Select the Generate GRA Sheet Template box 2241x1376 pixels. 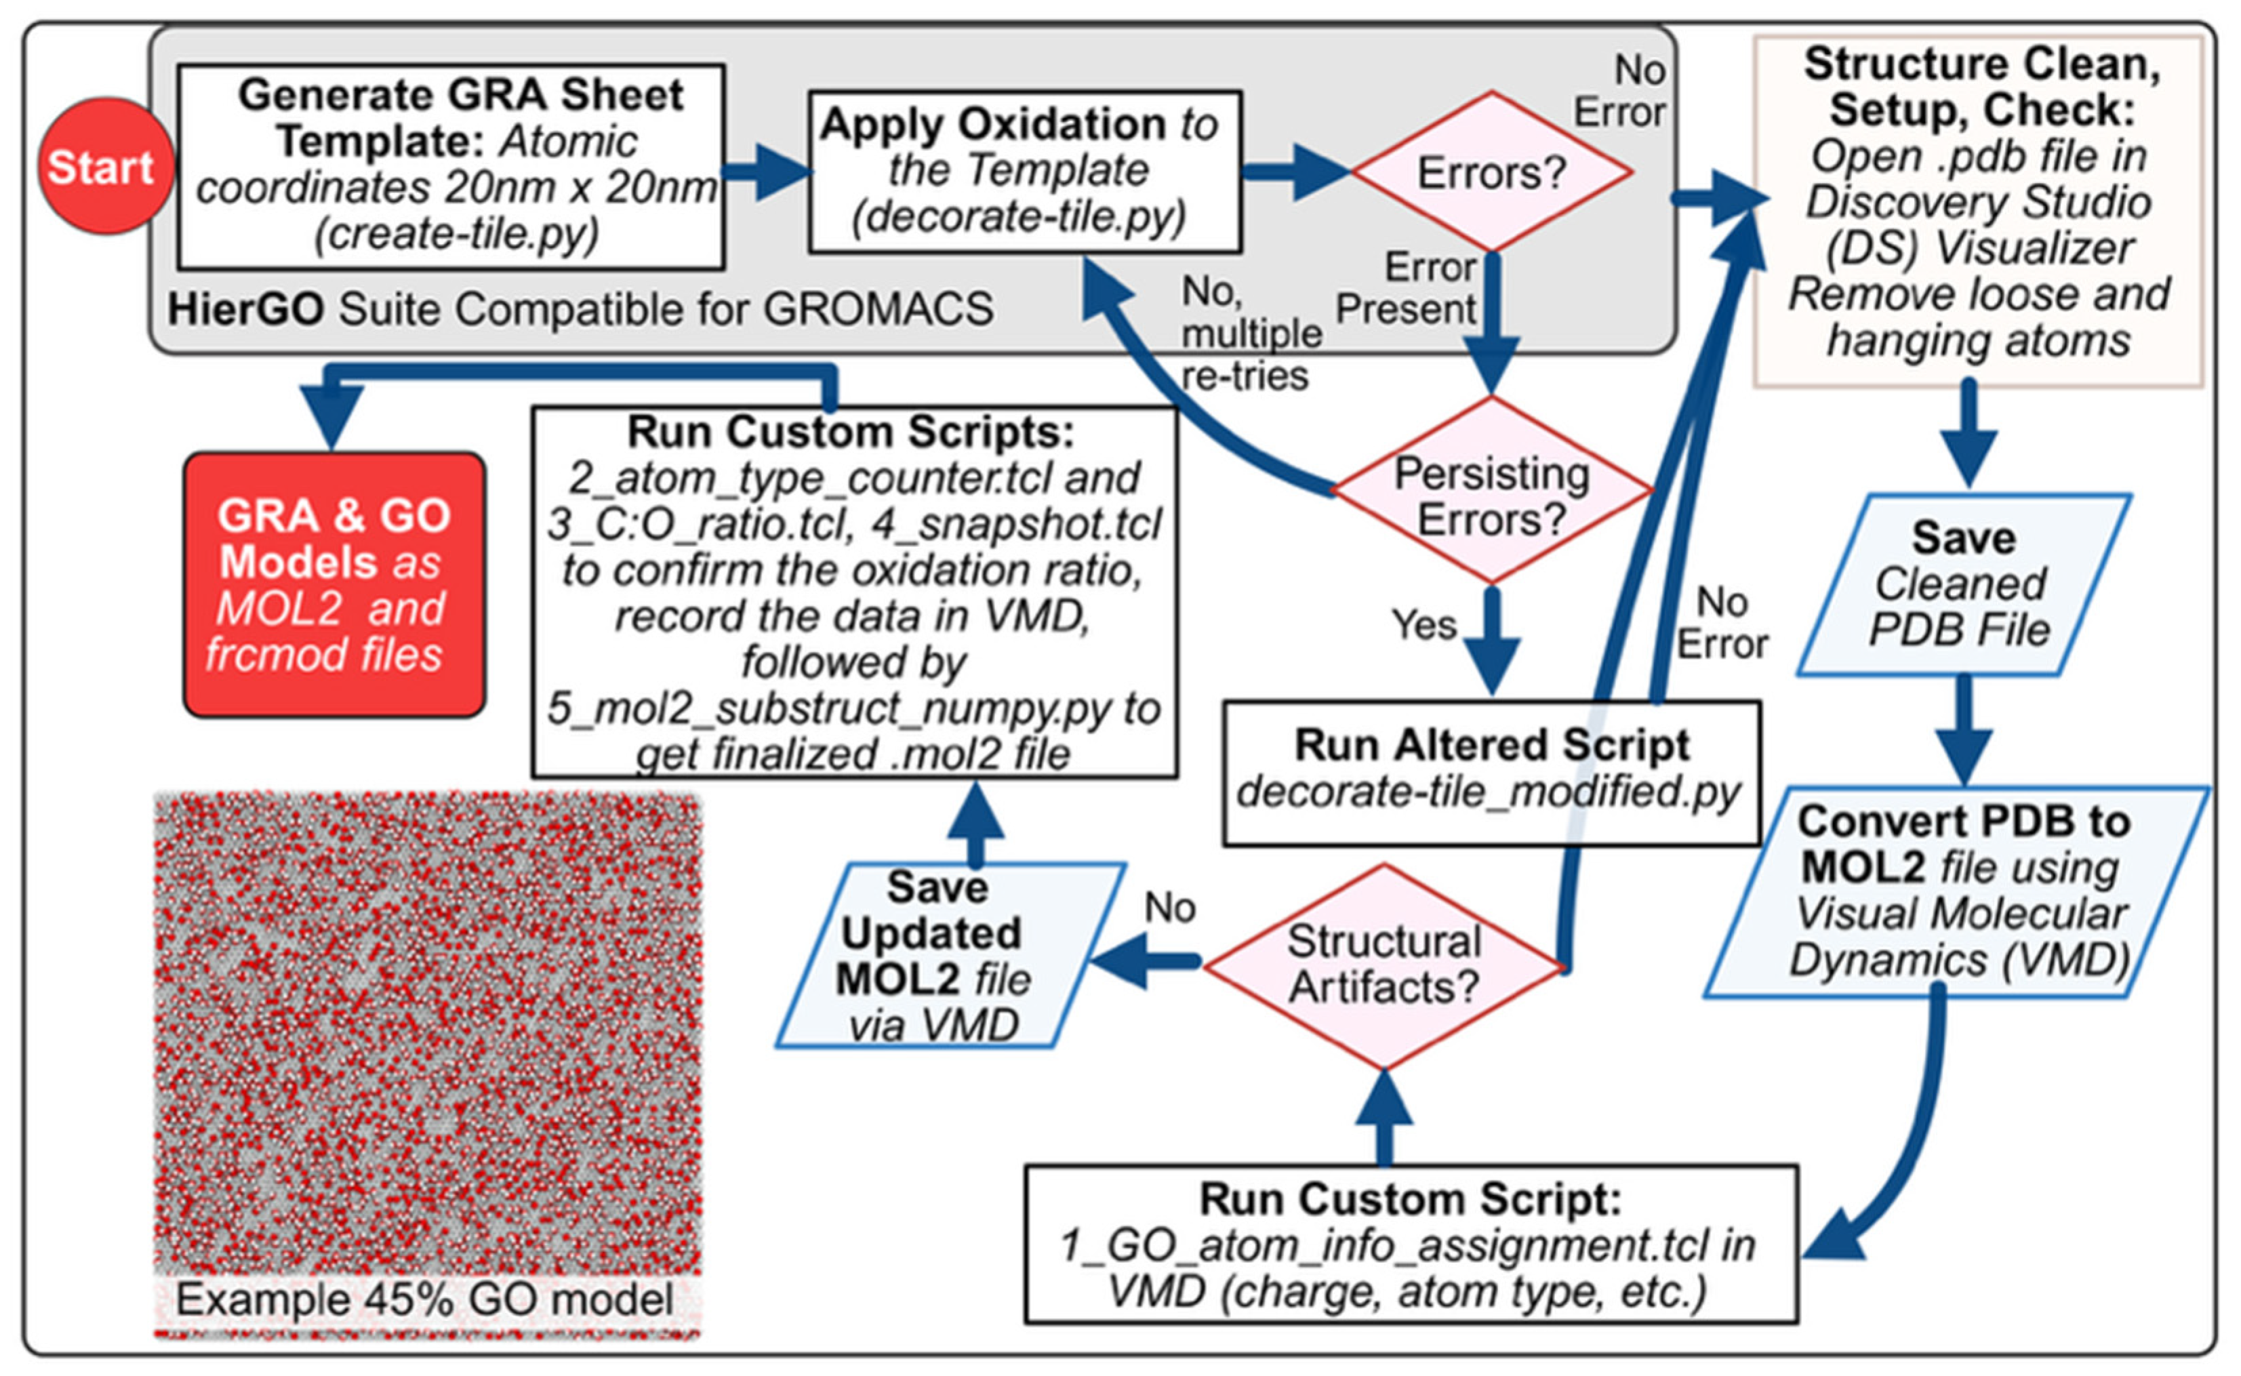click(451, 167)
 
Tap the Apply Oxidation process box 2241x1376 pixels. click(1024, 171)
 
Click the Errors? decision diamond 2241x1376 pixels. click(1491, 171)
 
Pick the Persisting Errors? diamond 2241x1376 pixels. click(1491, 492)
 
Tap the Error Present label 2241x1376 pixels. click(1406, 289)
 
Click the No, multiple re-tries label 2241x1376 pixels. click(1249, 333)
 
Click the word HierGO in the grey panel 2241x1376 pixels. click(245, 309)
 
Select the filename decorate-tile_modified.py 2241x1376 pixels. click(1489, 792)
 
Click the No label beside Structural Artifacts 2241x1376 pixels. click(1169, 908)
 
